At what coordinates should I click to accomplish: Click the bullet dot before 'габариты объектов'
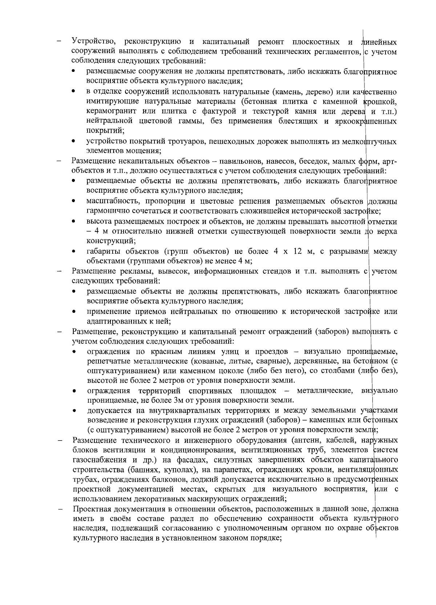(74, 252)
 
